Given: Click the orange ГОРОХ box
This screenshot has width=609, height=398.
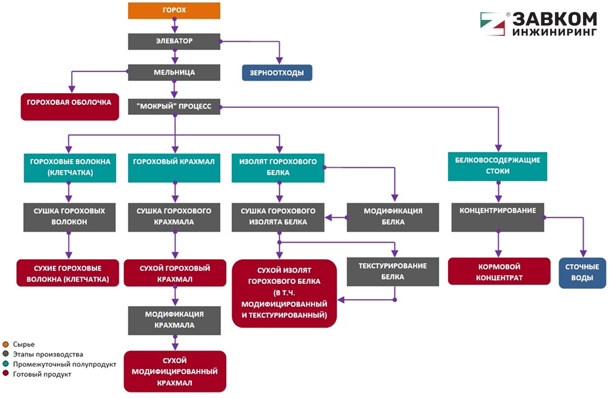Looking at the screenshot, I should (x=174, y=10).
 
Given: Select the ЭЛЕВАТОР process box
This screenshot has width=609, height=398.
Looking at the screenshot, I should (x=174, y=41).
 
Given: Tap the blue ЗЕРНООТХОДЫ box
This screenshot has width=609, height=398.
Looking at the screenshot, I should (x=277, y=73).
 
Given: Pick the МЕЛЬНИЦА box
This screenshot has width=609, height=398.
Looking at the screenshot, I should (x=174, y=72).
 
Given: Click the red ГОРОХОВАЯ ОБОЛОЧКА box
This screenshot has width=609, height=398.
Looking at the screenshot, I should (x=70, y=107).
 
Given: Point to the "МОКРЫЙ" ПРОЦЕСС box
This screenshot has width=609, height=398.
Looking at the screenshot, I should (x=174, y=107).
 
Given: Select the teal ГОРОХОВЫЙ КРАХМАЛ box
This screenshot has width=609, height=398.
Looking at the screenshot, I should (x=174, y=167).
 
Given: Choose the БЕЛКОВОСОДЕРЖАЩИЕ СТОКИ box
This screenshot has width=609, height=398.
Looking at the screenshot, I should (x=497, y=166).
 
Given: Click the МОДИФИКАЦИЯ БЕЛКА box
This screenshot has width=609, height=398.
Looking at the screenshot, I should (x=393, y=217).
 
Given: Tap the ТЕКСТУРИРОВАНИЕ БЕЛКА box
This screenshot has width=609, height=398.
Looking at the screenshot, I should (x=393, y=271).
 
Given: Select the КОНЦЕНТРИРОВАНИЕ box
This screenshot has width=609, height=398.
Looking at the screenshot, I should (x=497, y=217).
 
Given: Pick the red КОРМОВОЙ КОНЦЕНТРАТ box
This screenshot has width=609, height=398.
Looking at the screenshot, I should (x=499, y=271).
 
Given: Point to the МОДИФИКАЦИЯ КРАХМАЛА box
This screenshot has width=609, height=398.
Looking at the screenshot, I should (x=174, y=320).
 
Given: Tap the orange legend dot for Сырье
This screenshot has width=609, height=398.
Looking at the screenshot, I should (x=5, y=344).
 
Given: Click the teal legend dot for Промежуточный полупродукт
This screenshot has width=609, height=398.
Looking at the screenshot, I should (x=5, y=364).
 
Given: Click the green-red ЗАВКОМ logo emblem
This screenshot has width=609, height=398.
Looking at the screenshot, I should (x=492, y=23).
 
